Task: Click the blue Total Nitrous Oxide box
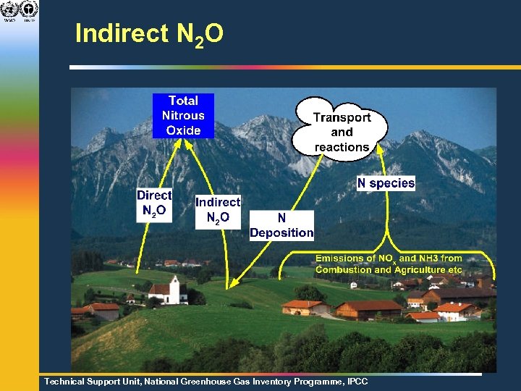pos(183,115)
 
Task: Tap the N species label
pos(386,183)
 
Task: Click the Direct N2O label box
pos(154,203)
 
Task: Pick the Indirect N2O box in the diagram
pos(218,210)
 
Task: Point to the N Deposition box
pos(281,225)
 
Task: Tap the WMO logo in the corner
pos(9,10)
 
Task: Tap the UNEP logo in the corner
pos(29,10)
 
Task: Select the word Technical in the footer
pos(66,381)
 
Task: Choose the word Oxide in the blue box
pos(183,130)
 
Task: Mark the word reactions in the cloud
pos(342,147)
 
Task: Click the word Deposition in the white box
pos(281,233)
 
